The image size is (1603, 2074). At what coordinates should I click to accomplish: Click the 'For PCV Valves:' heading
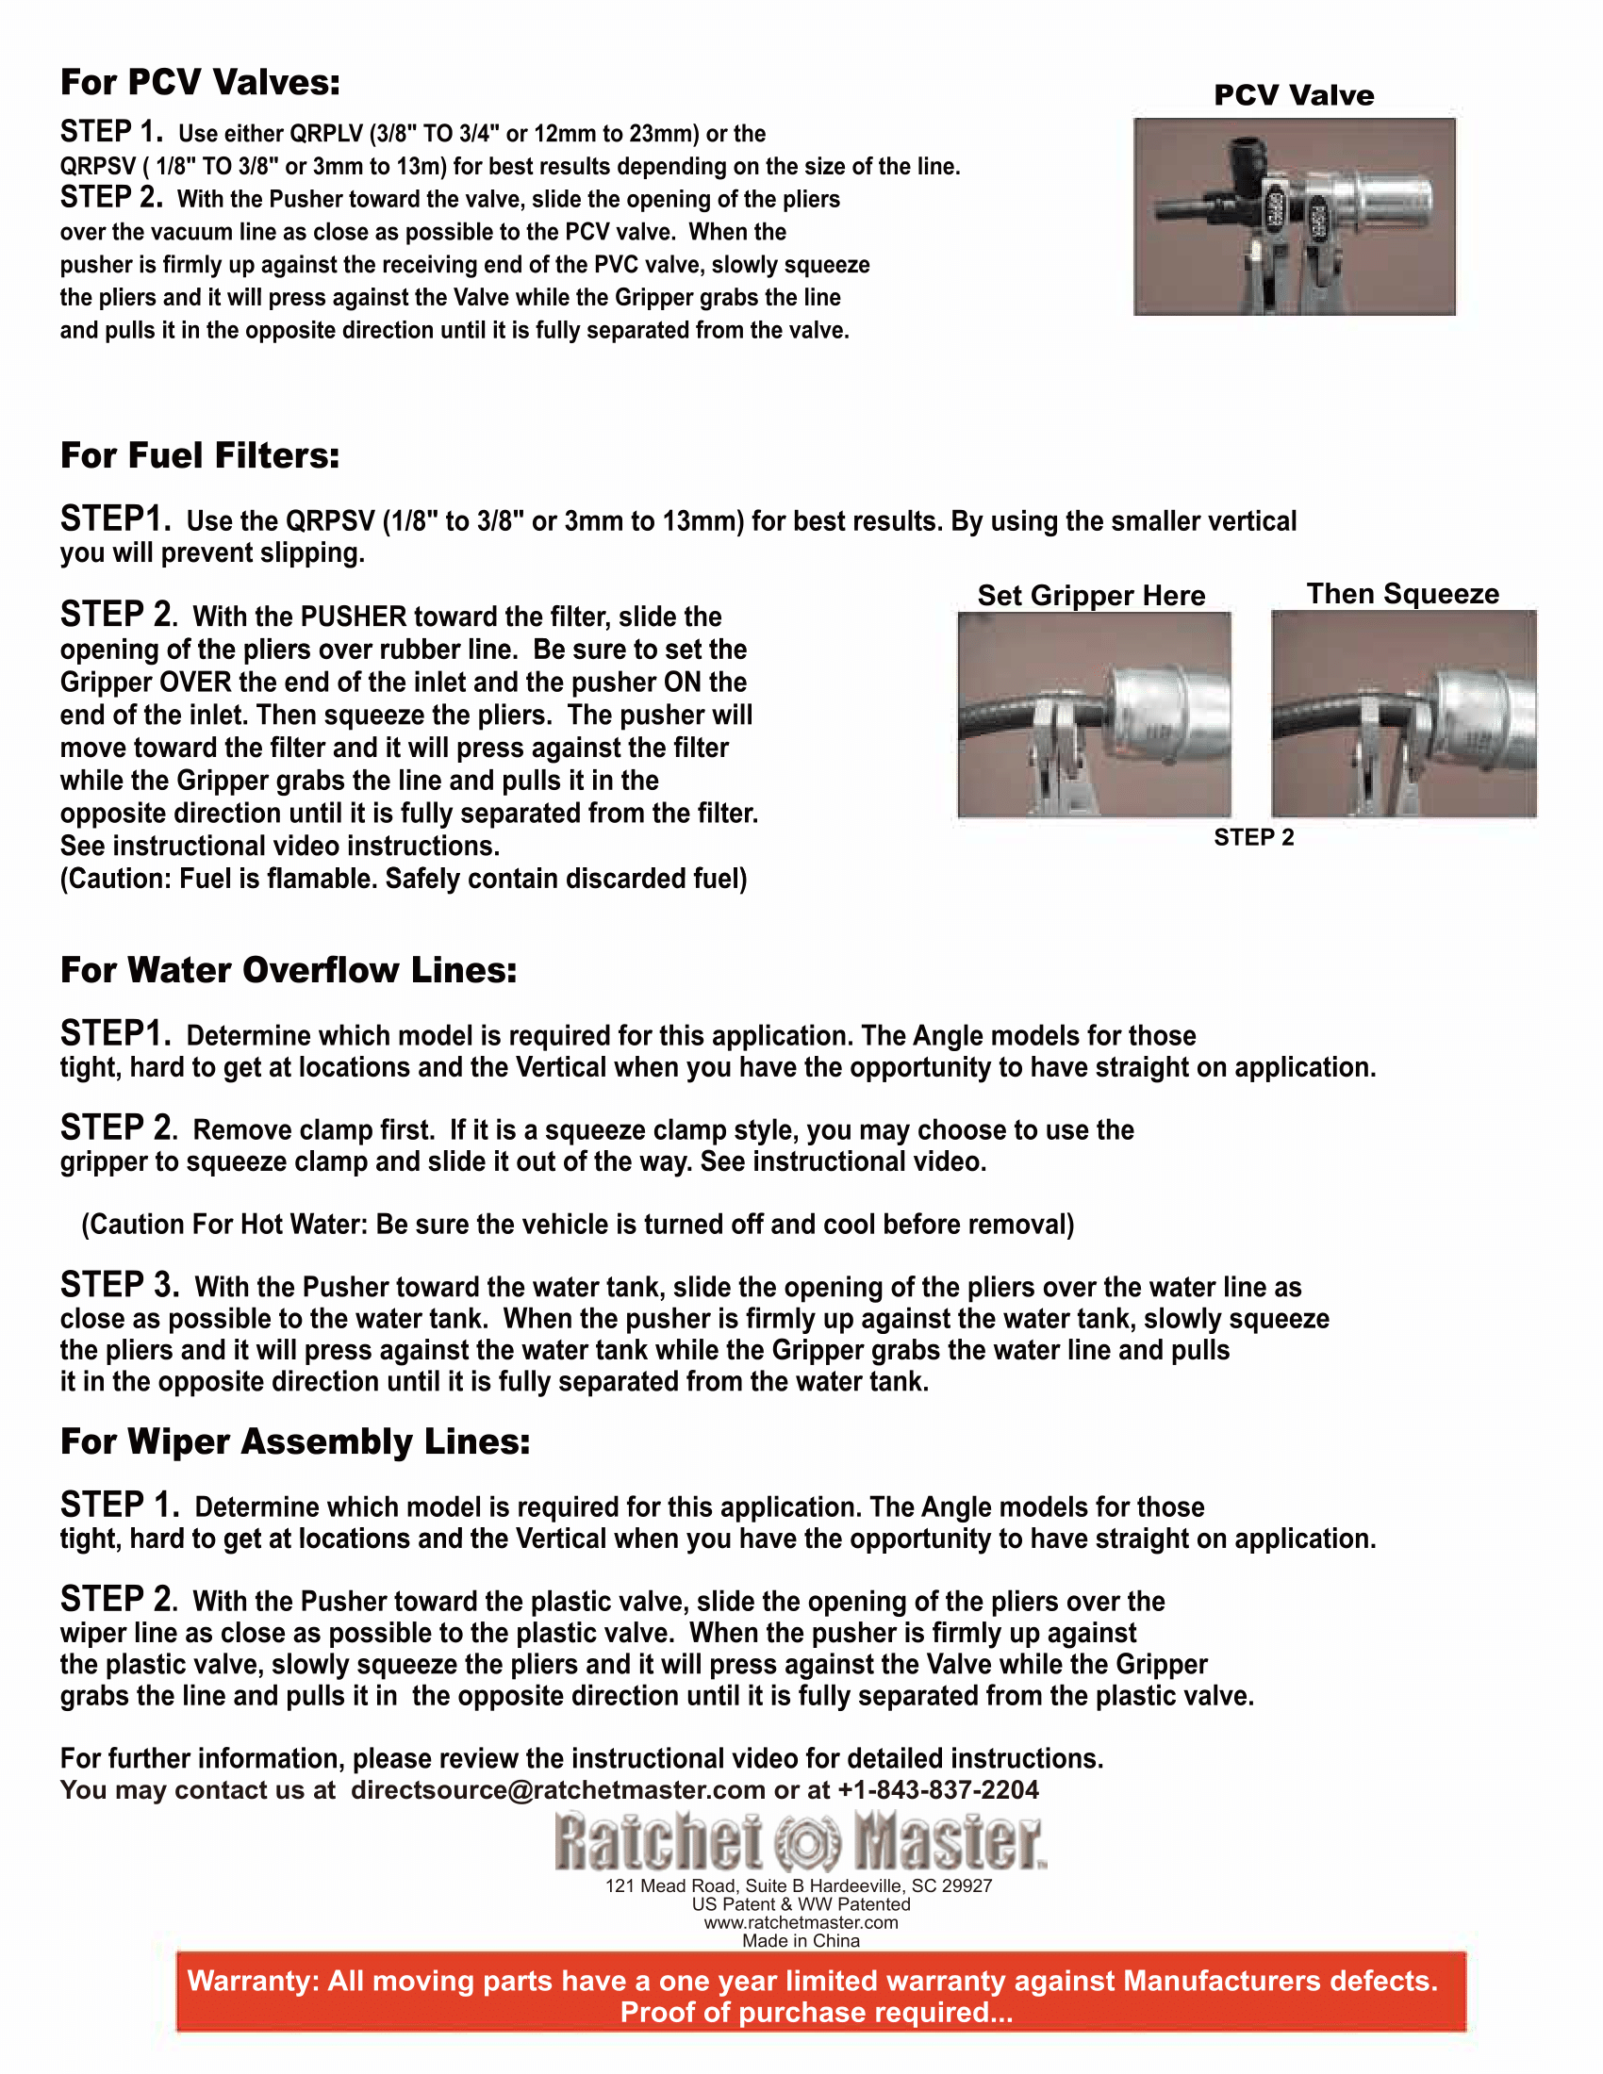click(x=200, y=83)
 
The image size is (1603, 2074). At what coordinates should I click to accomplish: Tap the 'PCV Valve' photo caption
click(x=1294, y=95)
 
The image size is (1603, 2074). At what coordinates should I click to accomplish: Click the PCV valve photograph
click(x=1294, y=217)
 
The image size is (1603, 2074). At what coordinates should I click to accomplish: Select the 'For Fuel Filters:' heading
click(x=200, y=456)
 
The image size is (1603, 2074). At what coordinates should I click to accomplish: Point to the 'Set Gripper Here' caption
click(x=1091, y=596)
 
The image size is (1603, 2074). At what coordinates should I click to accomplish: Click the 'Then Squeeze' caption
click(x=1403, y=594)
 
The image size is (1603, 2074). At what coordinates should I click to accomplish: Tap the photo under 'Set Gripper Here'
click(x=1094, y=715)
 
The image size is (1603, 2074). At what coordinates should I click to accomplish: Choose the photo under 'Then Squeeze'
click(x=1404, y=715)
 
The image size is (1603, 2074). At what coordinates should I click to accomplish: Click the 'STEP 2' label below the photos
click(x=1253, y=836)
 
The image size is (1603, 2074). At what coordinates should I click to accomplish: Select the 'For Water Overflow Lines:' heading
click(x=289, y=970)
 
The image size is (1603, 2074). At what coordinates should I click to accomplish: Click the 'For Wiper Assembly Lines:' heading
click(x=295, y=1441)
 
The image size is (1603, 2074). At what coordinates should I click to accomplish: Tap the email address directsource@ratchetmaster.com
click(x=557, y=1790)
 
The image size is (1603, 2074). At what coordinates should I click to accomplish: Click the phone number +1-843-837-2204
click(x=938, y=1790)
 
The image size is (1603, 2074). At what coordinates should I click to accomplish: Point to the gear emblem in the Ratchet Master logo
click(x=808, y=1843)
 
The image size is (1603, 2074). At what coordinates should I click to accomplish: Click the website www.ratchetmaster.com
click(x=801, y=1922)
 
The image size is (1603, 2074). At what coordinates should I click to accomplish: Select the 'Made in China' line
click(x=801, y=1940)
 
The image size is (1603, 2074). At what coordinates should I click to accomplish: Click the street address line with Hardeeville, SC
click(x=799, y=1885)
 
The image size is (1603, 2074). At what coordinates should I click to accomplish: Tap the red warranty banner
click(x=820, y=1996)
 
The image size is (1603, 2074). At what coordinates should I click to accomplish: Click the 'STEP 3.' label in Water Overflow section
click(x=120, y=1285)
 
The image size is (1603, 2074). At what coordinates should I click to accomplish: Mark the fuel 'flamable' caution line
click(x=404, y=880)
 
